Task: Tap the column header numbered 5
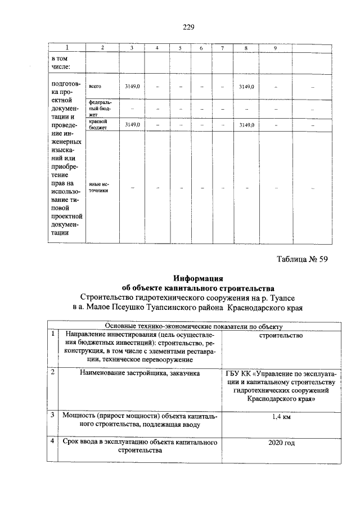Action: pos(180,48)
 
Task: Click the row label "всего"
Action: pos(94,87)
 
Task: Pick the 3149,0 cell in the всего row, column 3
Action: pos(132,87)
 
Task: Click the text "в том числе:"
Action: pos(60,63)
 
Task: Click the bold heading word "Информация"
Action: pos(198,278)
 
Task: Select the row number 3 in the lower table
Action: pos(52,416)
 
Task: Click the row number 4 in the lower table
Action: pos(52,443)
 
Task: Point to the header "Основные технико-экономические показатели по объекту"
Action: pos(193,326)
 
